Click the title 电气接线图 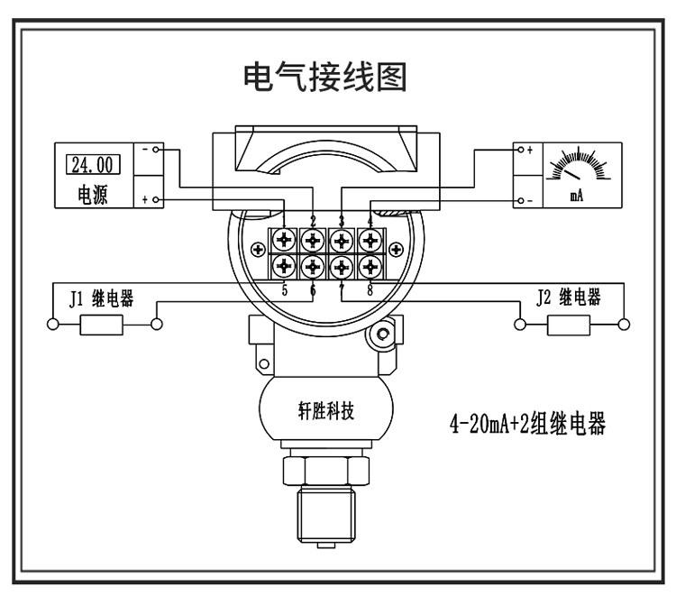click(325, 78)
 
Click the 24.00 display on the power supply click(93, 165)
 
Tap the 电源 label click(92, 195)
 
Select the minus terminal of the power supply click(156, 150)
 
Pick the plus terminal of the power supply click(156, 199)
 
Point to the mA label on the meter click(577, 196)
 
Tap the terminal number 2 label click(314, 221)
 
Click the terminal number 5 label click(285, 290)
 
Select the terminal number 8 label click(370, 290)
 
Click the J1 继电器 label click(101, 298)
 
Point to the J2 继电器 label click(569, 298)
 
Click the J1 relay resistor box click(101, 325)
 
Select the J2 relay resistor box click(569, 325)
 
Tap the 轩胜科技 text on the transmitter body click(326, 410)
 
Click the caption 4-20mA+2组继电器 click(527, 424)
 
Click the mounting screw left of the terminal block click(258, 249)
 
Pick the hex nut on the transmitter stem click(326, 471)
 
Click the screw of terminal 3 click(342, 240)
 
